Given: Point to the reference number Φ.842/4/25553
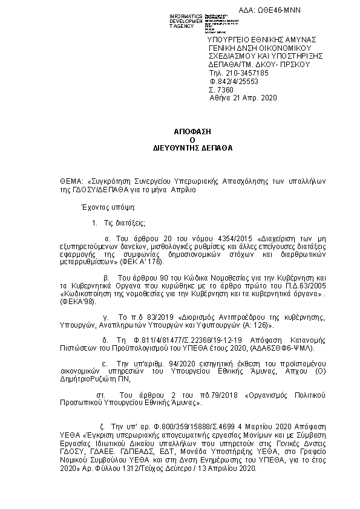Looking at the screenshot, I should (x=234, y=80).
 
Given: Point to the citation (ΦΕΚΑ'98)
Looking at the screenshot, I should (x=76, y=305).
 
